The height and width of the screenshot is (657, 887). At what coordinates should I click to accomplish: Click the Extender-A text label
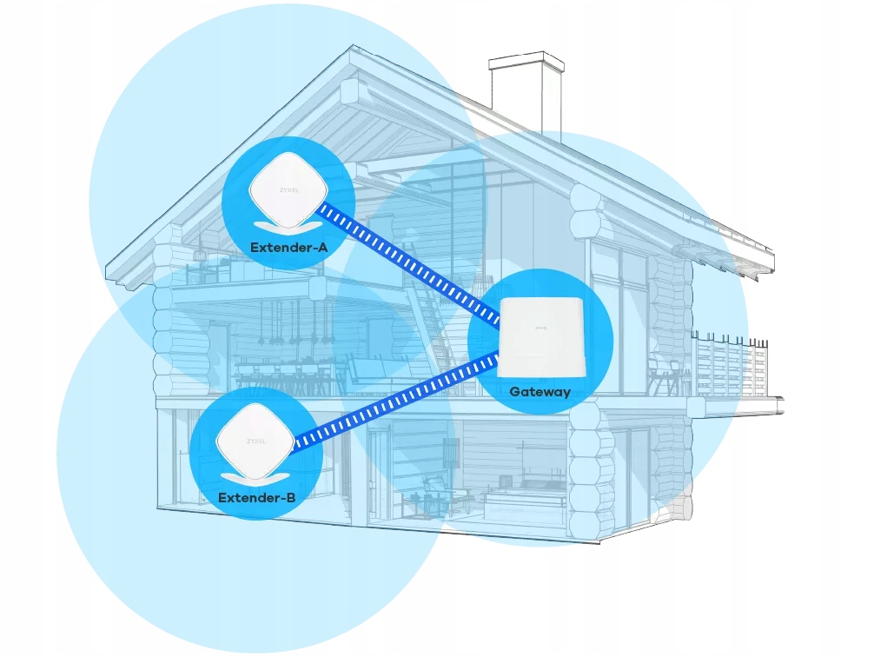click(288, 248)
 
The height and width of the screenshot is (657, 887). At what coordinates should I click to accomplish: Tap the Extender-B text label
click(256, 498)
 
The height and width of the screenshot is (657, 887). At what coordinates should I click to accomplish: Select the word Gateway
click(539, 392)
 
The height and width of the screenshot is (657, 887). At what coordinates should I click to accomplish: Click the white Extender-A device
click(288, 188)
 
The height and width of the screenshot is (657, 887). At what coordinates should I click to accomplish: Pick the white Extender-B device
click(255, 439)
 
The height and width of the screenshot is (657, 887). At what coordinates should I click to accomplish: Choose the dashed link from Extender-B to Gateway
click(395, 400)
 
